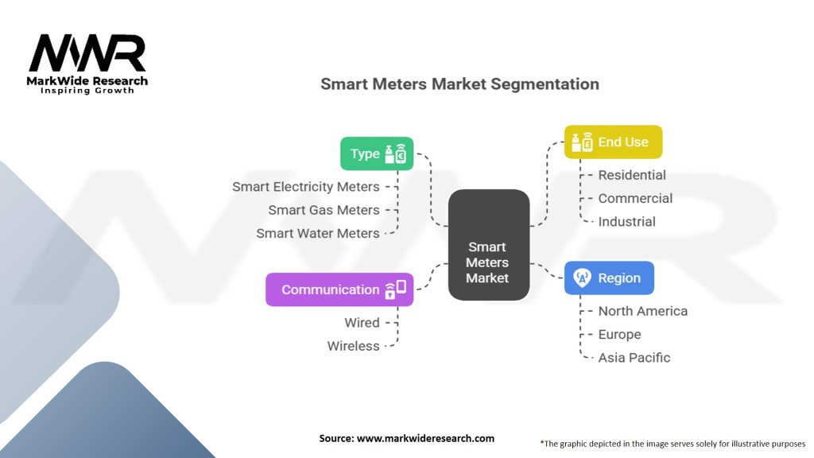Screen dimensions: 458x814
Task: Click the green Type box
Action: coord(377,153)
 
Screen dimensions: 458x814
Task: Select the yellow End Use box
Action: coord(613,142)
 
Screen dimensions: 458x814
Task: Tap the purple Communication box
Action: coord(339,289)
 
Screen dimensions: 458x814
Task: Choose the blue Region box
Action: coord(609,278)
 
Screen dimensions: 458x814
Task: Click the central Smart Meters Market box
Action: coord(488,245)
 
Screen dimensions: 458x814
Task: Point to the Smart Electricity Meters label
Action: coord(306,187)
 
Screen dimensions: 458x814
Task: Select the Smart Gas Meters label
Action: coord(324,210)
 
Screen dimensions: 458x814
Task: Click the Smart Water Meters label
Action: coord(318,234)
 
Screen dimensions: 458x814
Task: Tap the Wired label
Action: coord(362,323)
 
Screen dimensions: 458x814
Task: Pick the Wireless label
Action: coord(354,346)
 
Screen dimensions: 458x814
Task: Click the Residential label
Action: coord(632,175)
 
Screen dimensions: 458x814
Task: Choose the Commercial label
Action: coord(635,199)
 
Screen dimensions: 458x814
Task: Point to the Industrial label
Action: coord(626,222)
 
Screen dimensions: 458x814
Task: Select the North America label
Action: coord(642,311)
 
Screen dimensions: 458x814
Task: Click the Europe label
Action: coord(619,335)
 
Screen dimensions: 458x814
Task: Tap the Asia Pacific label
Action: coord(634,358)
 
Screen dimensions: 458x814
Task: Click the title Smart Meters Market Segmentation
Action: coord(459,83)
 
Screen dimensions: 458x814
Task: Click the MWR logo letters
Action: coord(87,53)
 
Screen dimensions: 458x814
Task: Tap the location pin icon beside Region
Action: coord(582,278)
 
